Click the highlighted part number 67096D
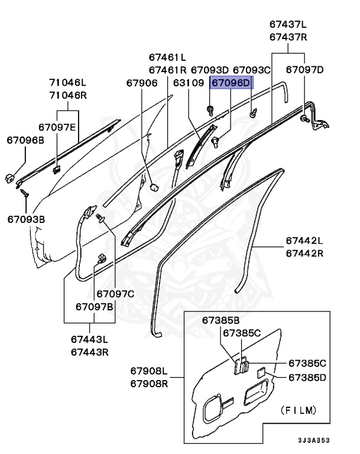[x=231, y=83]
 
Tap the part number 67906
[x=142, y=83]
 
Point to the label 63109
[x=188, y=83]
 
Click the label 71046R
[x=67, y=95]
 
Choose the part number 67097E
[x=57, y=127]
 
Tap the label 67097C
[x=116, y=293]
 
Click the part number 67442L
[x=304, y=241]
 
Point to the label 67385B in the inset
[x=220, y=320]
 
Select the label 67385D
[x=307, y=377]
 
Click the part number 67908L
[x=149, y=371]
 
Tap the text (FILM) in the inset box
[x=297, y=409]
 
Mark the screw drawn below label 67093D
[x=210, y=109]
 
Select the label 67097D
[x=305, y=70]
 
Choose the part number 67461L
[x=167, y=57]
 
